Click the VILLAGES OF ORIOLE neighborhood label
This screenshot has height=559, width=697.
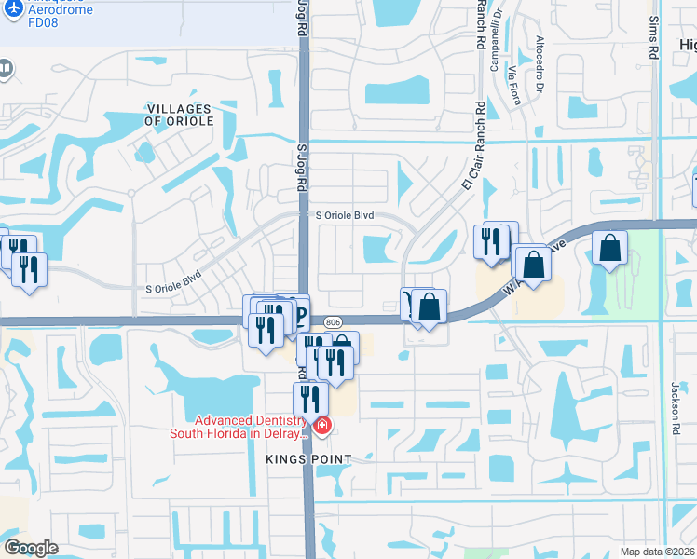pos(180,116)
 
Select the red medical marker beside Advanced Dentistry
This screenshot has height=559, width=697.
pos(322,427)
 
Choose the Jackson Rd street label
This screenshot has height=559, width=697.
pos(676,400)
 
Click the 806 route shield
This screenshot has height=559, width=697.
pos(333,321)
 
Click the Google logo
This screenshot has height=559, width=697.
pos(31,547)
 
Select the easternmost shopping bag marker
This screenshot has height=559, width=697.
pos(609,249)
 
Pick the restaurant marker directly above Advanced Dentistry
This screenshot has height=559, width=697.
pos(310,398)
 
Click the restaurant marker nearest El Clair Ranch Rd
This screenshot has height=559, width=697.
pos(490,240)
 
